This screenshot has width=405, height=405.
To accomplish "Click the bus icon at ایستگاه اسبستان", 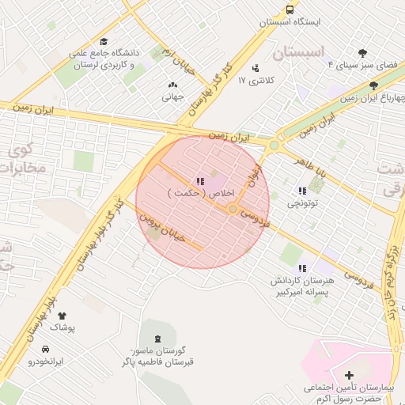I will tap(290, 10).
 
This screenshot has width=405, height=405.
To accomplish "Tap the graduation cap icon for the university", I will tap(104, 42).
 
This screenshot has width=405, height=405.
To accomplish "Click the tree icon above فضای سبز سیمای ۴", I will tap(362, 53).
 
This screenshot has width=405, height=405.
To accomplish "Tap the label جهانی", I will tap(172, 98).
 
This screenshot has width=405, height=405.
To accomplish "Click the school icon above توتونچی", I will tap(302, 191).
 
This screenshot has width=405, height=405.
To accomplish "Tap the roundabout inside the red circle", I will tap(233, 208).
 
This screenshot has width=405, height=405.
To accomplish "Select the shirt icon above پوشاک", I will tap(62, 316).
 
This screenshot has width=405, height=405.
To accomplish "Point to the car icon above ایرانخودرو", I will tap(45, 349).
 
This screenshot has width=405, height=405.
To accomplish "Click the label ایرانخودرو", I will tap(45, 361).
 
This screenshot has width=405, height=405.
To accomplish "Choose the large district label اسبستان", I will tap(297, 53).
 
